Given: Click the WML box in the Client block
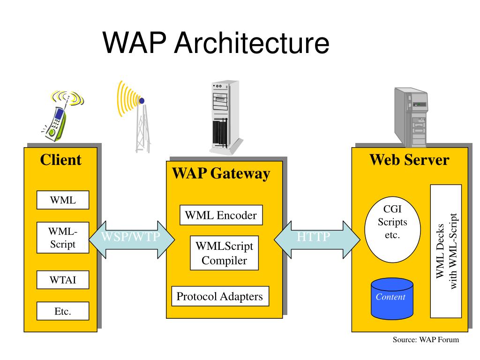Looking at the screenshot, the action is [x=63, y=200].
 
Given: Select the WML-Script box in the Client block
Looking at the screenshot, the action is [x=63, y=238].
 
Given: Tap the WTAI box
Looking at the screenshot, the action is [x=63, y=280].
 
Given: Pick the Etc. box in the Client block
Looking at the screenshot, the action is [x=63, y=311].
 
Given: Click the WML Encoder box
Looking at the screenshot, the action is [x=221, y=215].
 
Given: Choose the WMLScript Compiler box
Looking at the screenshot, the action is [x=225, y=253].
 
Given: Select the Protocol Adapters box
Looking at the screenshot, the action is [x=220, y=296].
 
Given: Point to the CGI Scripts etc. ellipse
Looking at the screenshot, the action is [x=392, y=229].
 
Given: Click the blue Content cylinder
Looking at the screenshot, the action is [x=392, y=299].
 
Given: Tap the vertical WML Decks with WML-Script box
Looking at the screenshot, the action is [x=446, y=251].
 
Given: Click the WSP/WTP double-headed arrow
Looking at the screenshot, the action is [x=132, y=240].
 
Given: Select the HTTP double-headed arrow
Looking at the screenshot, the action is [x=317, y=240].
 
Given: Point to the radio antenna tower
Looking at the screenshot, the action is [x=135, y=116].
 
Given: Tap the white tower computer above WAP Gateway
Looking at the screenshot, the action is [x=226, y=118].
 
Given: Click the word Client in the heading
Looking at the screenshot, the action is [x=61, y=160].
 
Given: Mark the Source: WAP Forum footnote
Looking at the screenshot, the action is [x=426, y=339].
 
